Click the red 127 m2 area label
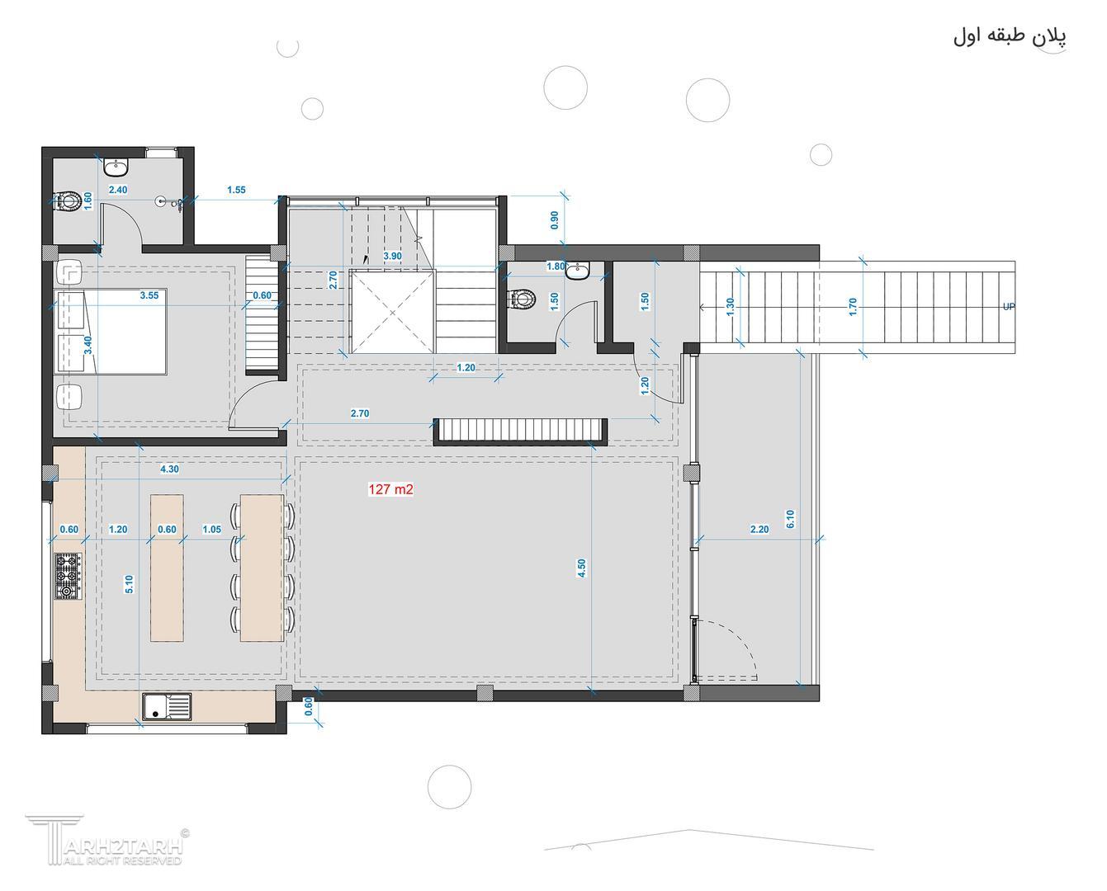click(x=390, y=489)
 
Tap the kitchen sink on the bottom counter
click(x=168, y=706)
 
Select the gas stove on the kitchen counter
click(x=69, y=577)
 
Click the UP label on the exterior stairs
click(x=1009, y=306)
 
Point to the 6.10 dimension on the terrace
click(x=791, y=519)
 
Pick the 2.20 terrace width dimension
click(x=759, y=529)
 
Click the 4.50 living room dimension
click(x=582, y=568)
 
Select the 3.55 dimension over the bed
click(x=149, y=295)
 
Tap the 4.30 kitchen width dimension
click(x=169, y=469)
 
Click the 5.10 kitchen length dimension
click(x=129, y=584)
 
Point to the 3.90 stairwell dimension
click(x=392, y=256)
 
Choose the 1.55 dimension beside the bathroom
click(x=236, y=190)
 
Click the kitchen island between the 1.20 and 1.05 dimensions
click(x=167, y=568)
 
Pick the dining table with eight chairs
click(x=262, y=568)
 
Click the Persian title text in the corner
click(x=1010, y=37)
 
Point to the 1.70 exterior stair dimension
click(x=853, y=307)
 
